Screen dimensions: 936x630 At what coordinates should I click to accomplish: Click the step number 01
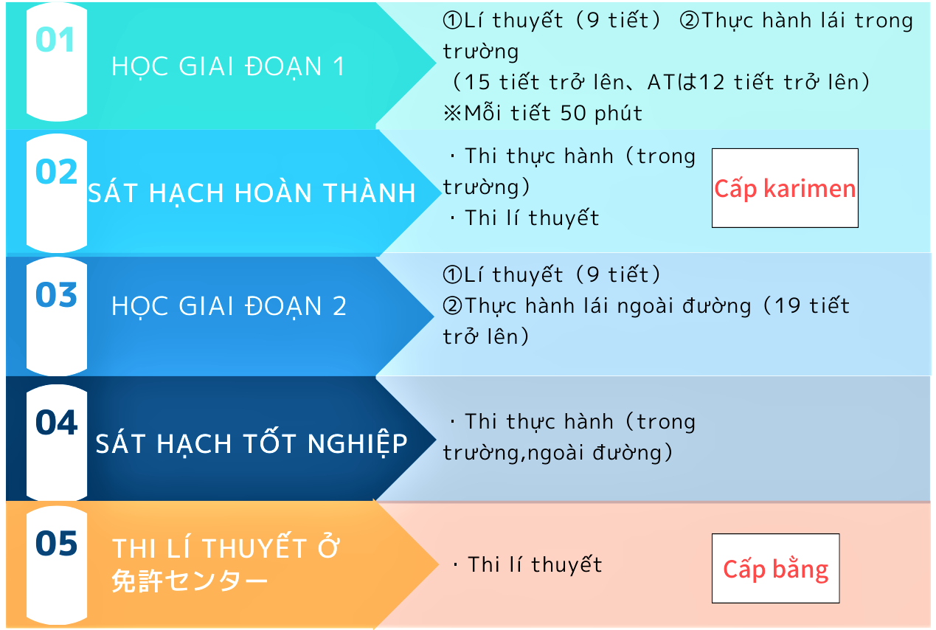click(55, 40)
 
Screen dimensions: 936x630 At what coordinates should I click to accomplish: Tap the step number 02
click(56, 171)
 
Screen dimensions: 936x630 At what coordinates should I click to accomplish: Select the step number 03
click(56, 295)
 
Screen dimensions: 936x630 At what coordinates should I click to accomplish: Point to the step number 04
click(56, 422)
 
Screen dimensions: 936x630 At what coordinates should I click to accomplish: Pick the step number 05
click(56, 544)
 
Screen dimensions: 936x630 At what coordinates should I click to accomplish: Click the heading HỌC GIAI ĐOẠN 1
click(228, 67)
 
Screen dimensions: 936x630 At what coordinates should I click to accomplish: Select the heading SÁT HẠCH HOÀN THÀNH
click(252, 193)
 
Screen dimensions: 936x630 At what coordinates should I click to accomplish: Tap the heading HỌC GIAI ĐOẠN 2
click(229, 306)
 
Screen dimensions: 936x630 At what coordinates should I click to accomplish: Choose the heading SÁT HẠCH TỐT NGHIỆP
click(252, 443)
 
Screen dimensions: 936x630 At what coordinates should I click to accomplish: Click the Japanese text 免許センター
click(190, 581)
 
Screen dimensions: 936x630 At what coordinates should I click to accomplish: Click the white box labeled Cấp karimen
click(785, 188)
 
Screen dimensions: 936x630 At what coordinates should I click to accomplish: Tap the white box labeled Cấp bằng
click(775, 568)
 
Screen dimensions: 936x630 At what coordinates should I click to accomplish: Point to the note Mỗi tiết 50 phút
click(553, 114)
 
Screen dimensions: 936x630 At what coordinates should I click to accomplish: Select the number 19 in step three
click(787, 305)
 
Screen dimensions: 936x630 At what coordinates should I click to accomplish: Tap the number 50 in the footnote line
click(573, 114)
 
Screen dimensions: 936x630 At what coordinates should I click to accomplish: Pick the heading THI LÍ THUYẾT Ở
click(226, 547)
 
